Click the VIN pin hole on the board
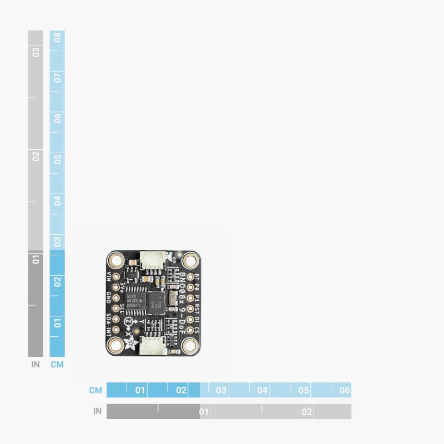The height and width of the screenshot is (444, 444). pos(116,276)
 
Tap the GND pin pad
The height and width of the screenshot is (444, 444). pos(116,297)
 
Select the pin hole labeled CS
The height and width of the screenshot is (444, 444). pos(190,330)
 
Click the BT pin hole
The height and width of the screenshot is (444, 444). pos(190,276)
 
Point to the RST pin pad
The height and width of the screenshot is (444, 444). pos(190,308)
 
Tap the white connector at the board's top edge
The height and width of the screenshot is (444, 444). pos(153,259)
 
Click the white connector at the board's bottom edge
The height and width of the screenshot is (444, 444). pos(153,346)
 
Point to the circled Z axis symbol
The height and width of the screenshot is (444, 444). pos(128,322)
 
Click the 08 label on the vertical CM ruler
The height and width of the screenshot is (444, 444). pos(57,38)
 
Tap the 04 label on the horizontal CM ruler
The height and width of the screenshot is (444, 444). pos(263,390)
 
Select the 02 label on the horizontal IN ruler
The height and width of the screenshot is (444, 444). pos(306,412)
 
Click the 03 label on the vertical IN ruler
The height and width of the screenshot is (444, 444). pos(36,52)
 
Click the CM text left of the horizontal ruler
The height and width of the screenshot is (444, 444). pos(95,390)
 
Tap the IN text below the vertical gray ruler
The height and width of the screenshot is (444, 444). pos(36,365)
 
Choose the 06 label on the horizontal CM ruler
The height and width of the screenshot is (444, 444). pos(344,390)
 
